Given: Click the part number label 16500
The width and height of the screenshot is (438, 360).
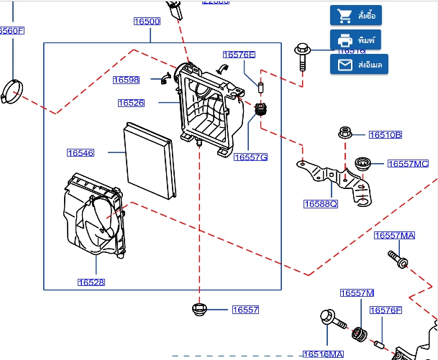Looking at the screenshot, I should click(x=147, y=22).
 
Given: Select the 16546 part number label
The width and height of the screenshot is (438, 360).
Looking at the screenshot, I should click(x=81, y=152).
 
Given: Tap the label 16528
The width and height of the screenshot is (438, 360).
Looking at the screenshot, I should click(x=91, y=282).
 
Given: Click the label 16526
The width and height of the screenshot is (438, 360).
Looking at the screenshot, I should click(x=132, y=103).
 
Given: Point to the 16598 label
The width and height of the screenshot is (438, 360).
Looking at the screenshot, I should click(x=126, y=80).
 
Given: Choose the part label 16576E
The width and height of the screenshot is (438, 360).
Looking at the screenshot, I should click(x=239, y=55).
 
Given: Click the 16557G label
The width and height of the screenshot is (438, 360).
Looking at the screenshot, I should click(x=250, y=157).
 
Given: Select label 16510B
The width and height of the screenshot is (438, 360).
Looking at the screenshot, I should click(x=385, y=134).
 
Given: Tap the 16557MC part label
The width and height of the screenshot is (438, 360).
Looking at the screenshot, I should click(x=408, y=164).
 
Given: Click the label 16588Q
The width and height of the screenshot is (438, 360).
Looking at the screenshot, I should click(x=321, y=204).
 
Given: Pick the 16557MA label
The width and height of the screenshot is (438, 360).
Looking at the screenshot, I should click(x=394, y=235).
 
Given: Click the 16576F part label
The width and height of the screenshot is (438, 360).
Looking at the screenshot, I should click(x=385, y=310).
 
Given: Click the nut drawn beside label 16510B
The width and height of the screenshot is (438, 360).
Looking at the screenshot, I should click(x=345, y=133).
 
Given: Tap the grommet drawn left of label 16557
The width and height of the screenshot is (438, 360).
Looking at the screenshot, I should click(x=199, y=310).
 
